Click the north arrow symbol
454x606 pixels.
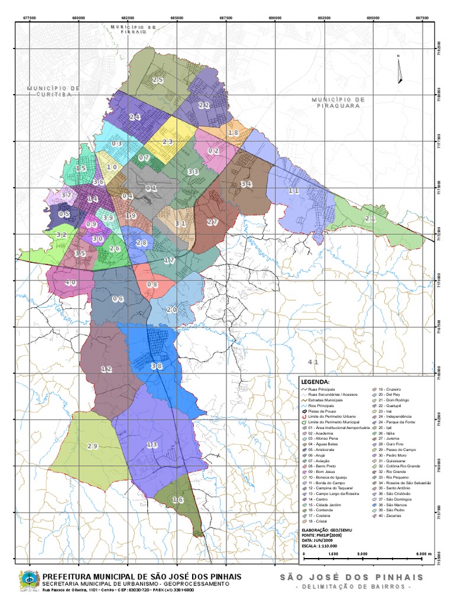pyautogui.click(x=399, y=68)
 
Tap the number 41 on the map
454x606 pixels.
pyautogui.click(x=313, y=362)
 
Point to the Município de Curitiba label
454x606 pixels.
pyautogui.click(x=53, y=91)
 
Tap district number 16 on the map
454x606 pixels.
pyautogui.click(x=178, y=500)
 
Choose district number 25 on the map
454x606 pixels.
pyautogui.click(x=157, y=80)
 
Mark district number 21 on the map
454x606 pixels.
pyautogui.click(x=370, y=219)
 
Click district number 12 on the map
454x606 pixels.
pyautogui.click(x=106, y=369)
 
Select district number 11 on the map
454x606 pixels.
pyautogui.click(x=294, y=191)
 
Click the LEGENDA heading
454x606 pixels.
pyautogui.click(x=314, y=381)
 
